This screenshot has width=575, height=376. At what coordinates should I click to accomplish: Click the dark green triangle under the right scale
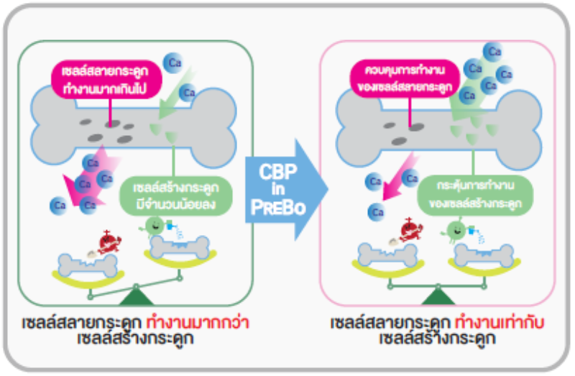click(x=434, y=296)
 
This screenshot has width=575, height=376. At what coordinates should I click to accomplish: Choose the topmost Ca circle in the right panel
click(x=492, y=52)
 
